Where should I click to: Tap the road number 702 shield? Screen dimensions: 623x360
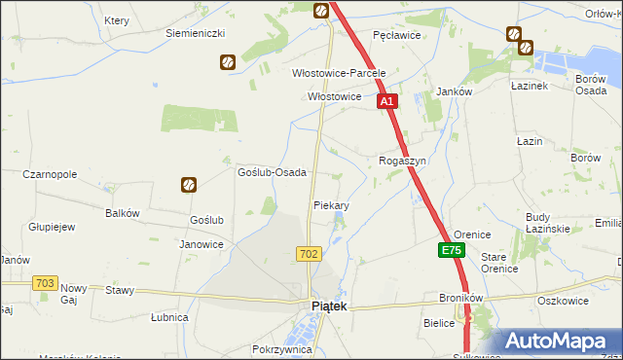tap(309, 254)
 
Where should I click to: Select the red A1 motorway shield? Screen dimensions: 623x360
tap(386, 101)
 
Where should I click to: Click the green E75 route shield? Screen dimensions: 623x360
tap(451, 251)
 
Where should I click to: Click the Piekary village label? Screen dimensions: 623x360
tap(331, 206)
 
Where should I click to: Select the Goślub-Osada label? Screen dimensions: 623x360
tap(273, 172)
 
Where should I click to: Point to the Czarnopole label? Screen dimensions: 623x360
tap(50, 175)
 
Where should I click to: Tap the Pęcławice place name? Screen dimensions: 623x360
tap(396, 35)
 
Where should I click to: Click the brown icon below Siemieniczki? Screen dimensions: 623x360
tap(227, 61)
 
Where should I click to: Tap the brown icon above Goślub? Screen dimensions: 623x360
tap(189, 184)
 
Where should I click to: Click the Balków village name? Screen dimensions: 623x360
tap(123, 213)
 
